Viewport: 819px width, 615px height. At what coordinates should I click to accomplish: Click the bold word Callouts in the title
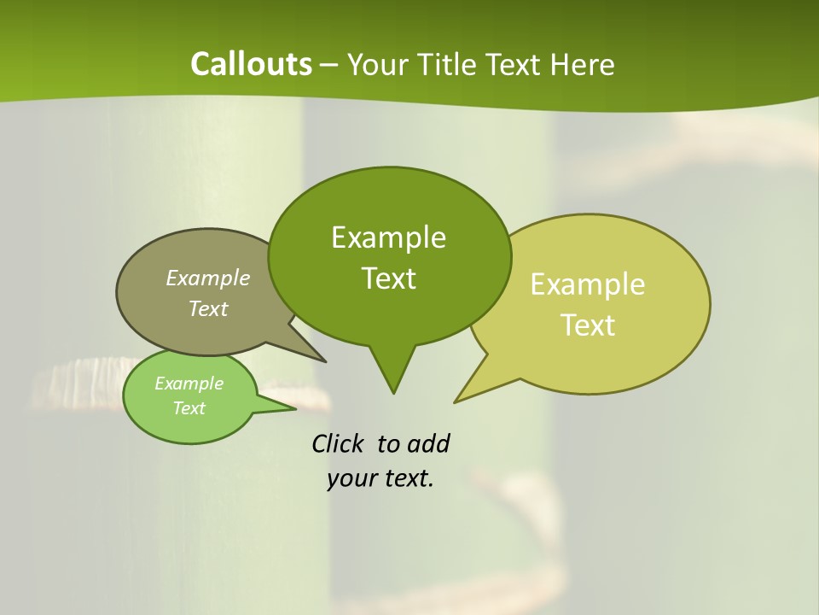(251, 64)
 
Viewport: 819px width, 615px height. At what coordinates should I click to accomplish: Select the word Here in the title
(584, 64)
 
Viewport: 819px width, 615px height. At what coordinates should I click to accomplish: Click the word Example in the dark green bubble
(388, 237)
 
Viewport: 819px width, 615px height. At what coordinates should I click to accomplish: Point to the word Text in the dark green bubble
(388, 278)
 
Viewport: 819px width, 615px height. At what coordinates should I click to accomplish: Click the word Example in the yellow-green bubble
(588, 284)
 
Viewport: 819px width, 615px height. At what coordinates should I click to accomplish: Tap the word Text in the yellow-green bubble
(588, 325)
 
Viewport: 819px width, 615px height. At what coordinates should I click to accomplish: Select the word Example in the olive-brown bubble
(208, 278)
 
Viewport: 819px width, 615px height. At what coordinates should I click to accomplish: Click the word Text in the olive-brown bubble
(208, 308)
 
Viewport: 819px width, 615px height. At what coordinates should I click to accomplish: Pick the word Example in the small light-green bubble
(189, 384)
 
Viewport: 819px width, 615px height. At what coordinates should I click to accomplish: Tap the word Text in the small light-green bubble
(189, 408)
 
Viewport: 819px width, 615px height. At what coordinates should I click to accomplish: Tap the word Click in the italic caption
(339, 444)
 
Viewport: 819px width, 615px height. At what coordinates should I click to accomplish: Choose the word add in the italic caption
(427, 444)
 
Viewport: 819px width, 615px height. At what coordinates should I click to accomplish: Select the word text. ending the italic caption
(405, 479)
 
